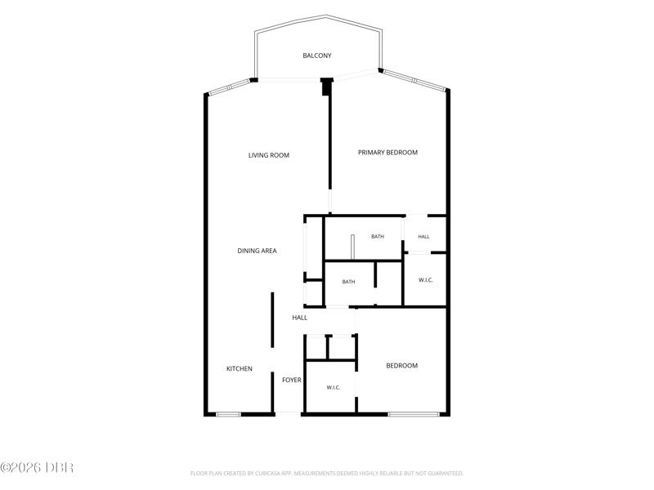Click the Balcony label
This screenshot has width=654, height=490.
pos(317,56)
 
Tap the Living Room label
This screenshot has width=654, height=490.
pos(269,155)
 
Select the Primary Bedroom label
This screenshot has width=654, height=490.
pos(387,153)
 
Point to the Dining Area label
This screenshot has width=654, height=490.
pos(257,251)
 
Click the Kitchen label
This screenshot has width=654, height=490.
pos(239,369)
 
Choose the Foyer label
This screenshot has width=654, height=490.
pos(292,380)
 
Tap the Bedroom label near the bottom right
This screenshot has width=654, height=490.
pos(401,366)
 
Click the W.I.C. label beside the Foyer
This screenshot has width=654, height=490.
pos(334,387)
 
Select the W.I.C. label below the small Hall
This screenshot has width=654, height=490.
pos(425,280)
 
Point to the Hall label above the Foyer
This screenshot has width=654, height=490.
pos(299,318)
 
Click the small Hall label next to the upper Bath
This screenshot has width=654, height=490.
pos(423,237)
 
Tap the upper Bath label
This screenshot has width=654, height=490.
pos(378,237)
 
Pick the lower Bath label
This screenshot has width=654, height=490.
pos(348,282)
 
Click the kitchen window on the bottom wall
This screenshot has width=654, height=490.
pos(228,414)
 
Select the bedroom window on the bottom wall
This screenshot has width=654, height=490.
pos(414,414)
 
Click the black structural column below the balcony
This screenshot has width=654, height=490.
pos(326,87)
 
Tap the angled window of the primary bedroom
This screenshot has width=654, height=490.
pos(414,80)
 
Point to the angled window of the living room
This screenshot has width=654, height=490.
pos(229,87)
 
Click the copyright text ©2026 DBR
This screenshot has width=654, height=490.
pos(37,467)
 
